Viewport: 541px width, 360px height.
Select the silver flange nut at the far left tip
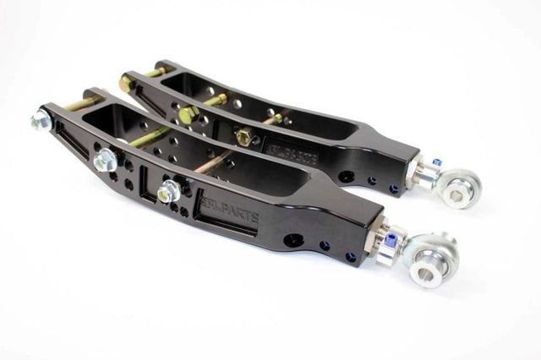point(41,122)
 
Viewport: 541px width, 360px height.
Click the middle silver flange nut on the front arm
point(106,159)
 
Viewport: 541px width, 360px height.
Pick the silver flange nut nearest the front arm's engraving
point(168,191)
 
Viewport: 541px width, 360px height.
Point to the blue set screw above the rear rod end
point(437,162)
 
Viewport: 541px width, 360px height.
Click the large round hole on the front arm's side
point(293,240)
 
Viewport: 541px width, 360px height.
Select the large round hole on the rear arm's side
point(346,177)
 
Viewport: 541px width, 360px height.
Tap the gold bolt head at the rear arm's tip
point(127,83)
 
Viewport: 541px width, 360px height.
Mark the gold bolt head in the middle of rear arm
point(188,112)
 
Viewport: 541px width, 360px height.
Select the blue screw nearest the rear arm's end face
point(394,188)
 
